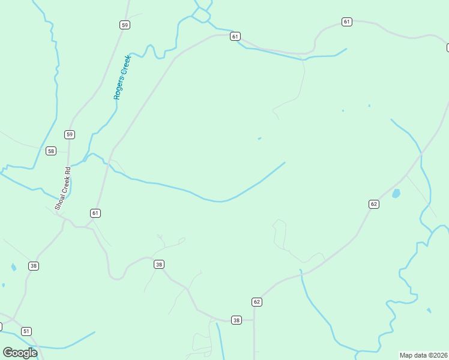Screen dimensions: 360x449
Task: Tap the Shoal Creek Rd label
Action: point(63,188)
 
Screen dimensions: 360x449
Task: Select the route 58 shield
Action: point(50,151)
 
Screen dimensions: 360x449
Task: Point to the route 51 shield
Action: point(26,331)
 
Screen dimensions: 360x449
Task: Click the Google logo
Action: point(20,353)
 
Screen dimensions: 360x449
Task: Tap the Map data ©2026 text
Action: point(424,355)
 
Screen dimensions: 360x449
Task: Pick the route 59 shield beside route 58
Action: point(70,134)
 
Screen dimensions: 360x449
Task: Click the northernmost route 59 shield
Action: point(124,25)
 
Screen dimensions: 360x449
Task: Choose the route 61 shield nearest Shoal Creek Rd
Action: point(95,213)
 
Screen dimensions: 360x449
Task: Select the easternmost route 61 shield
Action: point(347,22)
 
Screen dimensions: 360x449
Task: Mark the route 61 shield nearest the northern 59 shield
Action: point(235,36)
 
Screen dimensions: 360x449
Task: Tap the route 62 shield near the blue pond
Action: point(374,204)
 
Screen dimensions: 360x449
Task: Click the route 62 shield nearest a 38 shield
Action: point(257,301)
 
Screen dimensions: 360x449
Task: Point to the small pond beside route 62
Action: point(396,194)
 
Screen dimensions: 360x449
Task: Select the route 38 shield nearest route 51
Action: point(34,265)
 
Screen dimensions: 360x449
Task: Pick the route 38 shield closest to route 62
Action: point(237,320)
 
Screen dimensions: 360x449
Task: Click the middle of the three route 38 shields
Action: point(158,264)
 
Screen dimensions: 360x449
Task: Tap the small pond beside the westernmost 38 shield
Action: point(13,267)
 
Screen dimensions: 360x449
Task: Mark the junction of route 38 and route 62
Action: point(254,320)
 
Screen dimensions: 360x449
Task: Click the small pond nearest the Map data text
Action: point(429,310)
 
